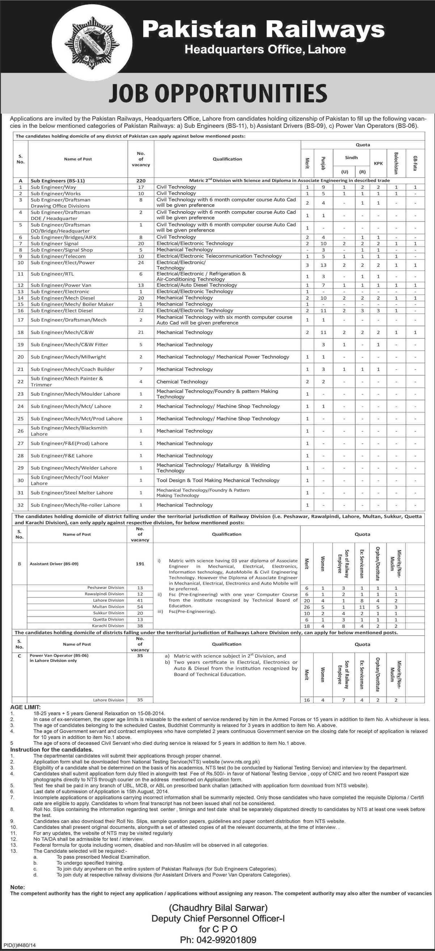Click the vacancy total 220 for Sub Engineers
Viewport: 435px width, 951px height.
click(x=141, y=181)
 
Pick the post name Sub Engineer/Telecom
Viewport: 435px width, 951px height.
click(x=58, y=256)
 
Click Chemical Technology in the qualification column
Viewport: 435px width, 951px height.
click(x=182, y=382)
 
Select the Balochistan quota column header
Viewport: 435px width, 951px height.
click(x=396, y=159)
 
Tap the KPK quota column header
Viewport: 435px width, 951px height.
click(x=378, y=163)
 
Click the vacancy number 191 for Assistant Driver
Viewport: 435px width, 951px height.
click(x=140, y=564)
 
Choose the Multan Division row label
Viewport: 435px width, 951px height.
click(x=108, y=606)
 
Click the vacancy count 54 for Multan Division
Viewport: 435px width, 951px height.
click(x=140, y=606)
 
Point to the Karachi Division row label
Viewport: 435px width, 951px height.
click(x=108, y=626)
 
